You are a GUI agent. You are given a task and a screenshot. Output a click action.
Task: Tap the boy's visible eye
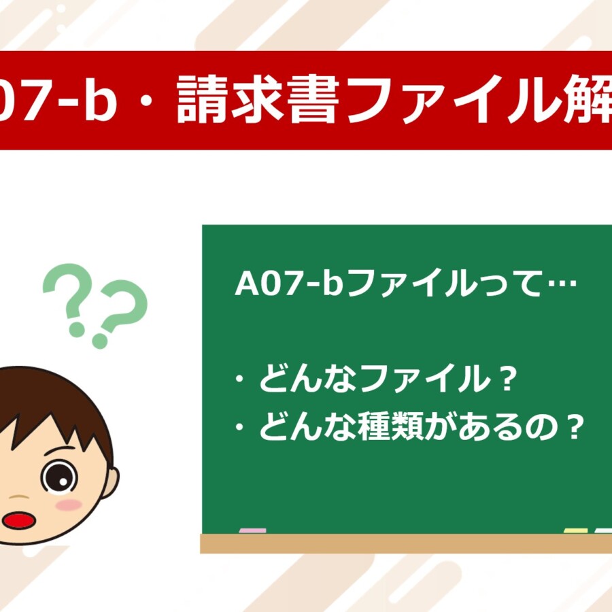tap(59, 477)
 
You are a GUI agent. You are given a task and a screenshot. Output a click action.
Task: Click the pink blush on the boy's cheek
tap(69, 505)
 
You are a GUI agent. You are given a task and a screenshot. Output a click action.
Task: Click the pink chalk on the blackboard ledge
tap(252, 531)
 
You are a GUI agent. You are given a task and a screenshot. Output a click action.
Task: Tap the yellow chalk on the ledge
tap(576, 531)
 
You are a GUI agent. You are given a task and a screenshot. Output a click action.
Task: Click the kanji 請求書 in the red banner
tap(258, 100)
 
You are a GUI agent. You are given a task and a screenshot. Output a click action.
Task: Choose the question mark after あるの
tap(574, 426)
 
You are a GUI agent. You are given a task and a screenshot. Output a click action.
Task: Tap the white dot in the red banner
tap(146, 100)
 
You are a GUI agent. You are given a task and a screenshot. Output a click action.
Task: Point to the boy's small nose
tap(18, 497)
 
